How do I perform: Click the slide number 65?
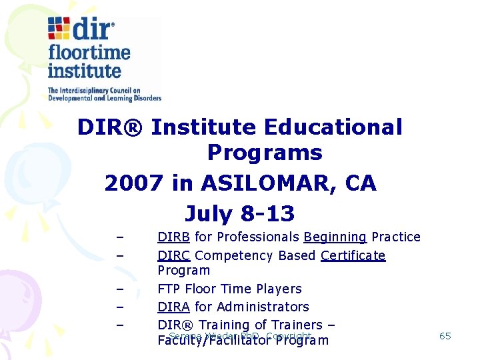pyautogui.click(x=445, y=336)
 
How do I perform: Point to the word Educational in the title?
pyautogui.click(x=333, y=127)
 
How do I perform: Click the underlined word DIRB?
pyautogui.click(x=174, y=237)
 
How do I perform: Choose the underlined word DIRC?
pyautogui.click(x=174, y=255)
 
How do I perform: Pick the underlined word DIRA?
pyautogui.click(x=174, y=307)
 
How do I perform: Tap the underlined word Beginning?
pyautogui.click(x=335, y=237)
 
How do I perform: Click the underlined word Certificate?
pyautogui.click(x=353, y=255)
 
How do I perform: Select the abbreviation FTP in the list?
pyautogui.click(x=169, y=289)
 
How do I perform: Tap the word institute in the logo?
pyautogui.click(x=84, y=71)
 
